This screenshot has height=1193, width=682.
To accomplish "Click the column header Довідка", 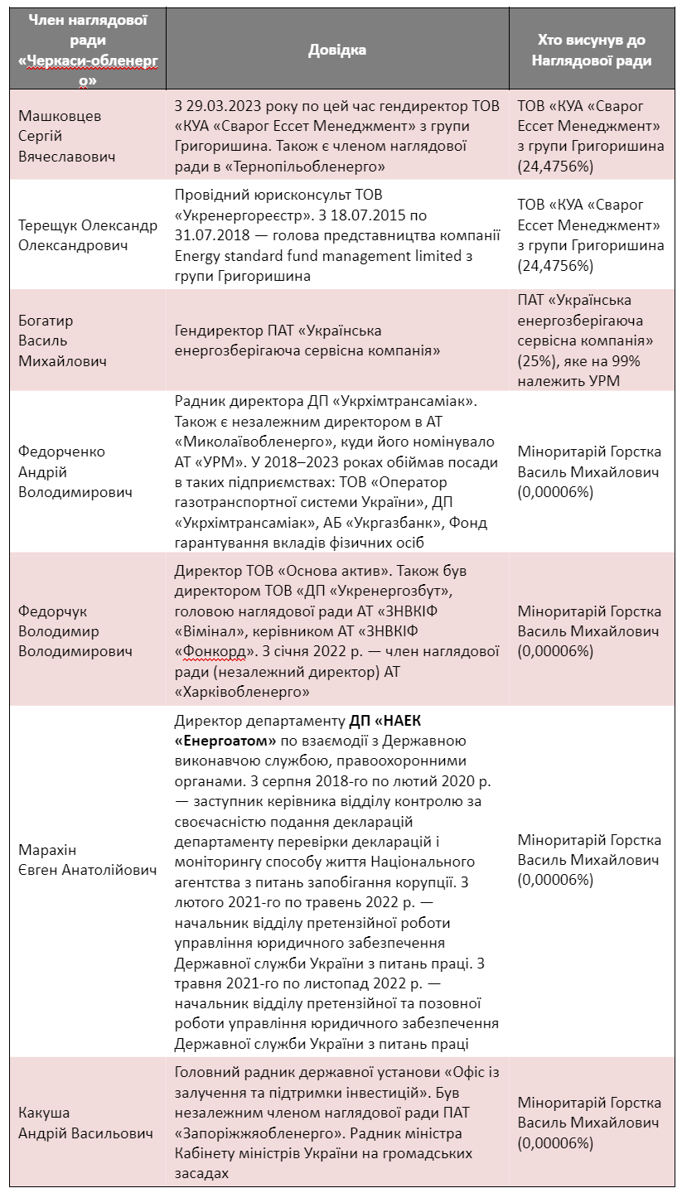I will click(x=336, y=51).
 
